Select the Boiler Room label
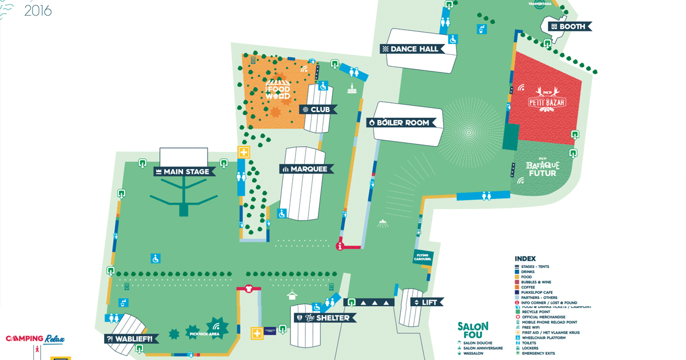402,123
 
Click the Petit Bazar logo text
546,101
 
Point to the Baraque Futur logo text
543,168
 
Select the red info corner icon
341,246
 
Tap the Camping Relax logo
35,339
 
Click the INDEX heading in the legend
525,259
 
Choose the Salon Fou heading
473,331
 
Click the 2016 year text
38,11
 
